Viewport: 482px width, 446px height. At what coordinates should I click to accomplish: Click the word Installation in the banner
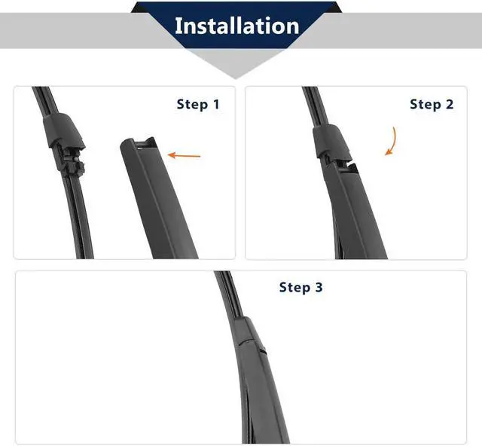coord(236,26)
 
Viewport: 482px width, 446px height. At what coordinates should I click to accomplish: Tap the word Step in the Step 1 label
coord(193,105)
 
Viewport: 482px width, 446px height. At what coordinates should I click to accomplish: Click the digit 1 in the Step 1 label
coord(216,104)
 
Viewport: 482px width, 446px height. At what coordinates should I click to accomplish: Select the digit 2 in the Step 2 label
coord(450,104)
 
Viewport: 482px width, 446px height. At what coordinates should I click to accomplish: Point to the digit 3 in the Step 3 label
coord(319,287)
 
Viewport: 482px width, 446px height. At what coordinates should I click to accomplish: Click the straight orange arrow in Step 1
coord(184,155)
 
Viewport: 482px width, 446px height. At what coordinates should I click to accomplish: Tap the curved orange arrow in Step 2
coord(392,141)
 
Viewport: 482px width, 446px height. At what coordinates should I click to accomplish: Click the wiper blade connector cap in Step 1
coord(64,130)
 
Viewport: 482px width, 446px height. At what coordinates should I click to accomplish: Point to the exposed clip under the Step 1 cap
coord(72,162)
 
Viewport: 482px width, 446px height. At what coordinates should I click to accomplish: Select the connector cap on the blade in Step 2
coord(331,141)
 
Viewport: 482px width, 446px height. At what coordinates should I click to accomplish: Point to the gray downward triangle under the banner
coord(236,64)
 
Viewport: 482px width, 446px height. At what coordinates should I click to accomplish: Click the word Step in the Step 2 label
coord(426,105)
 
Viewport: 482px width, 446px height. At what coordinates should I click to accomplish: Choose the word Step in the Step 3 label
coord(294,288)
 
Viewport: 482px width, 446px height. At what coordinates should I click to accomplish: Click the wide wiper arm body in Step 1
coord(159,200)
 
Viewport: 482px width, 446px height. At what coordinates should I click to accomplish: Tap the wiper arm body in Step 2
coord(353,212)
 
